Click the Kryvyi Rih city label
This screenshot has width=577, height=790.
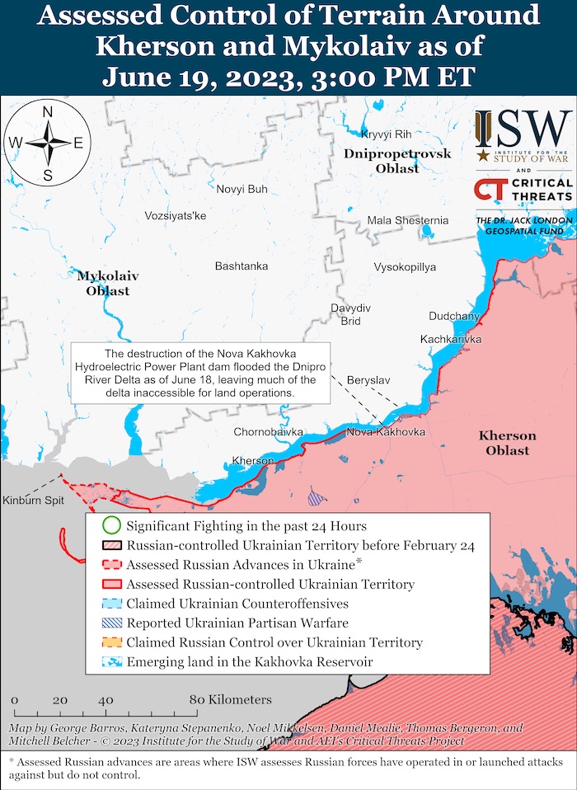pyautogui.click(x=387, y=134)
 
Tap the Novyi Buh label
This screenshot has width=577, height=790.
pyautogui.click(x=242, y=189)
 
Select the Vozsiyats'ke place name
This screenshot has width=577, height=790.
pyautogui.click(x=175, y=215)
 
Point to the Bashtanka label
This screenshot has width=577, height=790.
pyautogui.click(x=241, y=266)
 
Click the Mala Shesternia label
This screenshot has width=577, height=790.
pyautogui.click(x=408, y=220)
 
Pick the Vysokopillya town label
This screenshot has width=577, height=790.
pyautogui.click(x=405, y=266)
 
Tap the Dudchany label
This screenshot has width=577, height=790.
pyautogui.click(x=454, y=316)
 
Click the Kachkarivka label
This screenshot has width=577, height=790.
pyautogui.click(x=450, y=339)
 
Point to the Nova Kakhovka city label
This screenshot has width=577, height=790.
pyautogui.click(x=386, y=432)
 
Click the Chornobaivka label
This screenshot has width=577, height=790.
pyautogui.click(x=268, y=432)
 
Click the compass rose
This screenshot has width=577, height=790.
pyautogui.click(x=47, y=143)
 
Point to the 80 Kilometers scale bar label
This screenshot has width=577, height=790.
pyautogui.click(x=230, y=699)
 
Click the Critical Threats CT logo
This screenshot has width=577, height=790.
pyautogui.click(x=486, y=190)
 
